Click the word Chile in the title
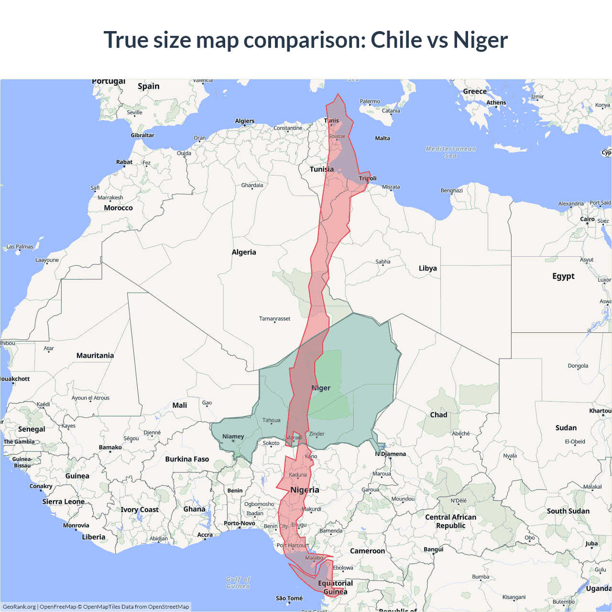point(395,40)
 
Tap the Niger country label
point(321,388)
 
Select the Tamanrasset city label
point(274,318)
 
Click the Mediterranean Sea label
point(451,152)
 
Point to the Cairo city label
point(587,219)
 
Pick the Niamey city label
point(233,437)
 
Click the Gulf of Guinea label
point(238,582)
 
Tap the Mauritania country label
point(95,355)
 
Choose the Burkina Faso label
point(187,459)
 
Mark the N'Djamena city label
point(391,454)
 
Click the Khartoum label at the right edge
point(600,411)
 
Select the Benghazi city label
point(451,190)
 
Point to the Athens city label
point(496,102)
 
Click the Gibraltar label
point(142,135)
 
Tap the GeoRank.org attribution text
point(19,607)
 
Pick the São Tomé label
point(289,598)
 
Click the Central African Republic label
point(450,521)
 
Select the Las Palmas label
point(20,247)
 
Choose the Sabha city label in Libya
point(382,262)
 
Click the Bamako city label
point(110,448)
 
